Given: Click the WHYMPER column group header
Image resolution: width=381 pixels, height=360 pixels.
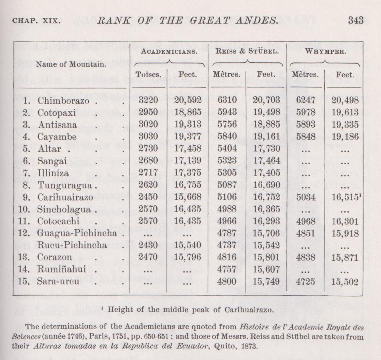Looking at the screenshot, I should coord(324,51).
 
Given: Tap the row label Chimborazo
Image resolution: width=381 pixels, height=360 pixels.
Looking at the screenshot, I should coord(63,101).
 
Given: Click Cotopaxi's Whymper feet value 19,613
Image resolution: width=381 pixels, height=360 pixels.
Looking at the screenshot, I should coord(345,113).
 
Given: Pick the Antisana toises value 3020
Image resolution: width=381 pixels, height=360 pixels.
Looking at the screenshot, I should coord(148,125).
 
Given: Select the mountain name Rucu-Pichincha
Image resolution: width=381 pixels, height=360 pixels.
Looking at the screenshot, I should coord(72,246).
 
